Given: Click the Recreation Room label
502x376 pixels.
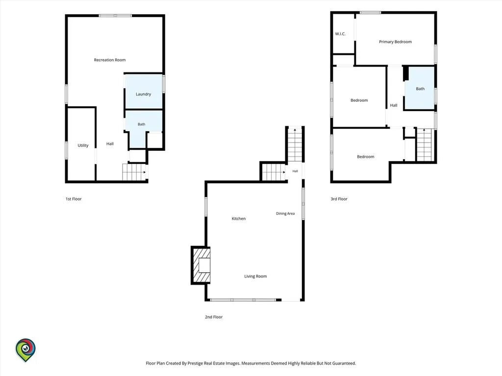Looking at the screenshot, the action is tap(110, 60).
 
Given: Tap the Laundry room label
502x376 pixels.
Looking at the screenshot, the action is tap(143, 94).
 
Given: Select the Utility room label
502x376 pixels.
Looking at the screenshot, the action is tap(83, 145).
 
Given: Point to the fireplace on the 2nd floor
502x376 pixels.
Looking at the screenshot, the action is tap(201, 265).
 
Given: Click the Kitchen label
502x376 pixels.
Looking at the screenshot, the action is tap(239, 219).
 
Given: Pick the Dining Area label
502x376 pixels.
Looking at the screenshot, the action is tap(285, 213).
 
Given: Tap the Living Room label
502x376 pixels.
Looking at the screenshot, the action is tap(255, 276).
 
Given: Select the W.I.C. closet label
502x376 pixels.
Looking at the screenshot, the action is tap(340, 34).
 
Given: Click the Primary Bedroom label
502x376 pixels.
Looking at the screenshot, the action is tap(396, 42).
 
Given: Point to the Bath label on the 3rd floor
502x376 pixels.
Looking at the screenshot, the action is tap(420, 89).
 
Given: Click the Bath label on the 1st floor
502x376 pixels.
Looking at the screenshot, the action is tap(142, 124).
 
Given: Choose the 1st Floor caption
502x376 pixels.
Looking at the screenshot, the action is tap(74, 199).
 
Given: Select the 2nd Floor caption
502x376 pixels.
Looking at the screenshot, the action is tap(214, 317).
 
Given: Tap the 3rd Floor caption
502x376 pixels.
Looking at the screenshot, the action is tap(339, 199).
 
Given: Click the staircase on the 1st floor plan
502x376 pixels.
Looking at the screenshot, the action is tap(134, 172).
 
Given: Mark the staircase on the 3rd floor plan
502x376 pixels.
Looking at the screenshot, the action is tap(424, 144).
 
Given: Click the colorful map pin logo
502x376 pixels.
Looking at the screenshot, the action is tap(25, 350).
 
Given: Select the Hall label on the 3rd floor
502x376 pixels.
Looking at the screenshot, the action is tap(394, 105).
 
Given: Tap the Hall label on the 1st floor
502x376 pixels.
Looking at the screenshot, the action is tap(110, 144).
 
